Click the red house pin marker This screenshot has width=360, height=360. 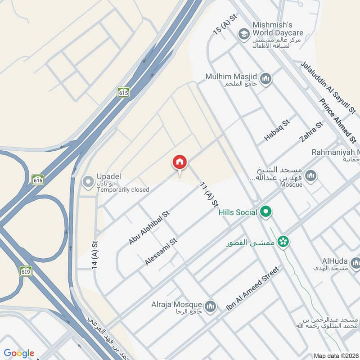[x=180, y=162]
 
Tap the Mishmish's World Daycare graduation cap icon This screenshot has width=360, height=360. [x=244, y=34]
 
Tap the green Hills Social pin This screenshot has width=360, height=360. [x=266, y=212]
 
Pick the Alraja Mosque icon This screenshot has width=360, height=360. [x=209, y=306]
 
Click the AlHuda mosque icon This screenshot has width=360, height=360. [x=355, y=262]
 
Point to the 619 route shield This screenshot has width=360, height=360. [x=26, y=271]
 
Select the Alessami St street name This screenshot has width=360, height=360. [x=161, y=252]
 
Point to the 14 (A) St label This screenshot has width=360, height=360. [x=95, y=255]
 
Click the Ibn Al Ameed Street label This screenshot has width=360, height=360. [x=253, y=289]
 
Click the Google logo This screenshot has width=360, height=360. [x=19, y=353]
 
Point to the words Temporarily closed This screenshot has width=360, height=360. [x=123, y=189]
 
